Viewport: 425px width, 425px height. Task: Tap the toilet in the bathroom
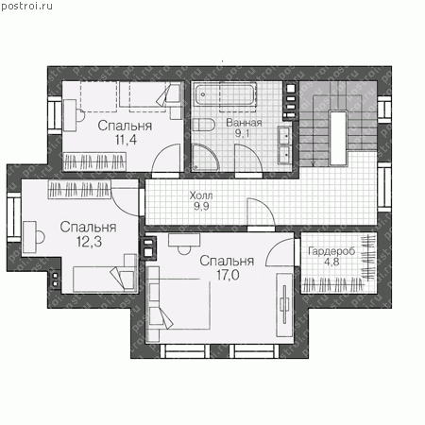203,125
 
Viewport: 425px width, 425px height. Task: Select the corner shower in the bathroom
205,158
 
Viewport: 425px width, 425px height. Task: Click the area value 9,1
242,133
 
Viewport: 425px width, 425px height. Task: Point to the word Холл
201,195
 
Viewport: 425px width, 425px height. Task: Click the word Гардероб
331,251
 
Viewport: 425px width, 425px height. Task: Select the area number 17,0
228,275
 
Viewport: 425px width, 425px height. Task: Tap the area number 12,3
89,242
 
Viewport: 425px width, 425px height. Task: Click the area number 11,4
126,140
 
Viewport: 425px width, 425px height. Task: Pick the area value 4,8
331,262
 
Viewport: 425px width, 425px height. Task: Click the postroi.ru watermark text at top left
26,7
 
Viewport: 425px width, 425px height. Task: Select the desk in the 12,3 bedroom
30,237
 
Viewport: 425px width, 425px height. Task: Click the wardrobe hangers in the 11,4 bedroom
94,161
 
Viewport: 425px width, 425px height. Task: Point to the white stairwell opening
338,138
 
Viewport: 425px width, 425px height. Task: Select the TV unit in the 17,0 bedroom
284,305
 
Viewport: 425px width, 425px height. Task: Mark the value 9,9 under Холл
201,207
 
